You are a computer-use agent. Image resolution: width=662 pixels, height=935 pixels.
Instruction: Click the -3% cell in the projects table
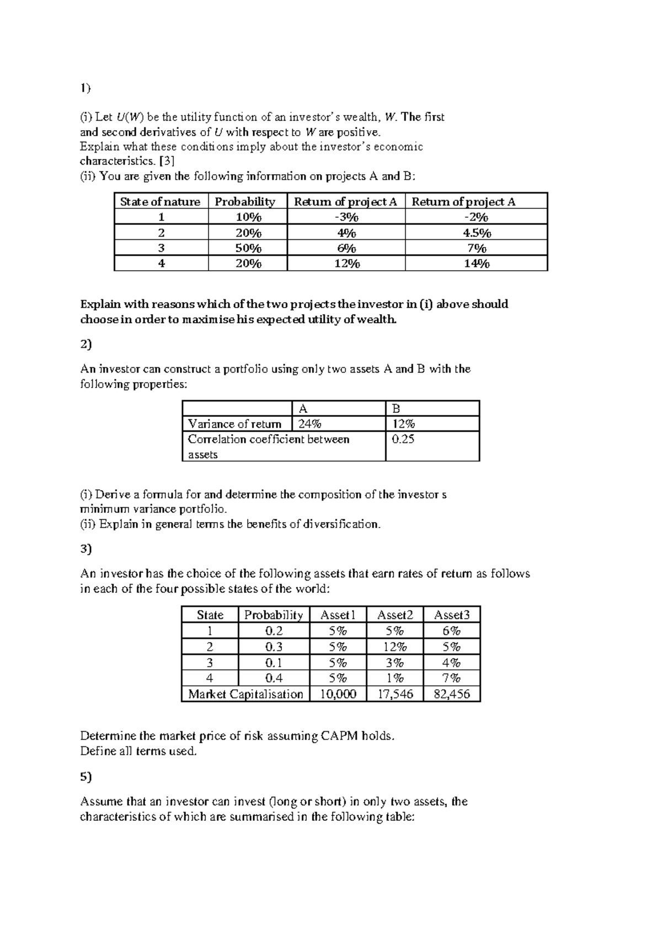click(x=346, y=217)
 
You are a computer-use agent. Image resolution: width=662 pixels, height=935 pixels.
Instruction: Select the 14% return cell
click(x=477, y=264)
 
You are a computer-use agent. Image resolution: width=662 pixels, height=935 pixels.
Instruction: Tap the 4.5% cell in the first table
click(x=477, y=233)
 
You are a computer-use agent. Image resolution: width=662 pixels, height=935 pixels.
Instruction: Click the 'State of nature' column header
click(x=160, y=201)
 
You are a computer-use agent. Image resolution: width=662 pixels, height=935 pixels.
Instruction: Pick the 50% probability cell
click(x=248, y=248)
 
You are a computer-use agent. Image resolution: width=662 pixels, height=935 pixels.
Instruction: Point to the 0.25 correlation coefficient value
click(x=403, y=439)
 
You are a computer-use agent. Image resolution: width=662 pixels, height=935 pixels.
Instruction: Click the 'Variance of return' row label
click(x=234, y=424)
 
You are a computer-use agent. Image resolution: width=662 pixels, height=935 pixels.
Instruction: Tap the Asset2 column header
click(x=394, y=615)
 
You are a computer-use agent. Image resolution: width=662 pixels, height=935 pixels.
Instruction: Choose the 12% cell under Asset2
click(x=394, y=647)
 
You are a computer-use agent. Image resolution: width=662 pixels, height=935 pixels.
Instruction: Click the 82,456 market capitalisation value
click(x=452, y=694)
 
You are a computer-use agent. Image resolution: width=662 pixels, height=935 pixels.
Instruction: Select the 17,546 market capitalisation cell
click(x=394, y=694)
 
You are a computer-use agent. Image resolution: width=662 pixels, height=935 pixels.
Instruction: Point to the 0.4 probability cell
click(x=274, y=678)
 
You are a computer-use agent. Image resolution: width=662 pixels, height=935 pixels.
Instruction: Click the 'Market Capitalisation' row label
click(x=245, y=694)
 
